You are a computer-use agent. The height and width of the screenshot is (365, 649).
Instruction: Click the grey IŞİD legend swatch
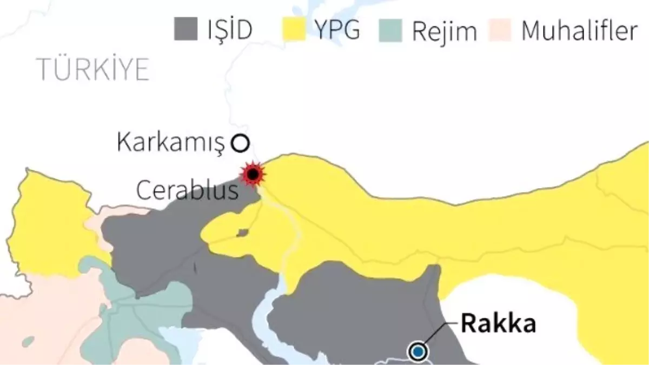pos(186,29)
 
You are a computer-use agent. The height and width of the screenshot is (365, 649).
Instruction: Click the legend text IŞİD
pos(229,30)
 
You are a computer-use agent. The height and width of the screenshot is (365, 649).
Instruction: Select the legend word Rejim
pos(445,31)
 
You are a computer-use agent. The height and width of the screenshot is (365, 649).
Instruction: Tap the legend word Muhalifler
pos(579,31)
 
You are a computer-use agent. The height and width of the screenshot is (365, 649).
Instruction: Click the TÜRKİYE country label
pos(92,70)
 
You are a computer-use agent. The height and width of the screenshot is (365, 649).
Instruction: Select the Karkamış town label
pos(170,143)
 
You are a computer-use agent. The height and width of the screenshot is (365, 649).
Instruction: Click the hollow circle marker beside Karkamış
pos(240,143)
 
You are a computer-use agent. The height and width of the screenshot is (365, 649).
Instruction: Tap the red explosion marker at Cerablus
pos(253,174)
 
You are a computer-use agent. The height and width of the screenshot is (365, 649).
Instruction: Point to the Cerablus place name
pos(187,191)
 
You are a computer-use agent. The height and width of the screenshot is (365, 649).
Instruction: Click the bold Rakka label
pos(498,323)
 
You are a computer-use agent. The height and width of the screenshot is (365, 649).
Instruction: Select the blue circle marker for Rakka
pos(417,353)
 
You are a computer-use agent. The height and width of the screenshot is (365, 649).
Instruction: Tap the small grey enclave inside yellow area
pos(243,233)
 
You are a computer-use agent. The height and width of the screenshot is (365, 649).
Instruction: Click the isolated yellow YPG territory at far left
pos(51,227)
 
